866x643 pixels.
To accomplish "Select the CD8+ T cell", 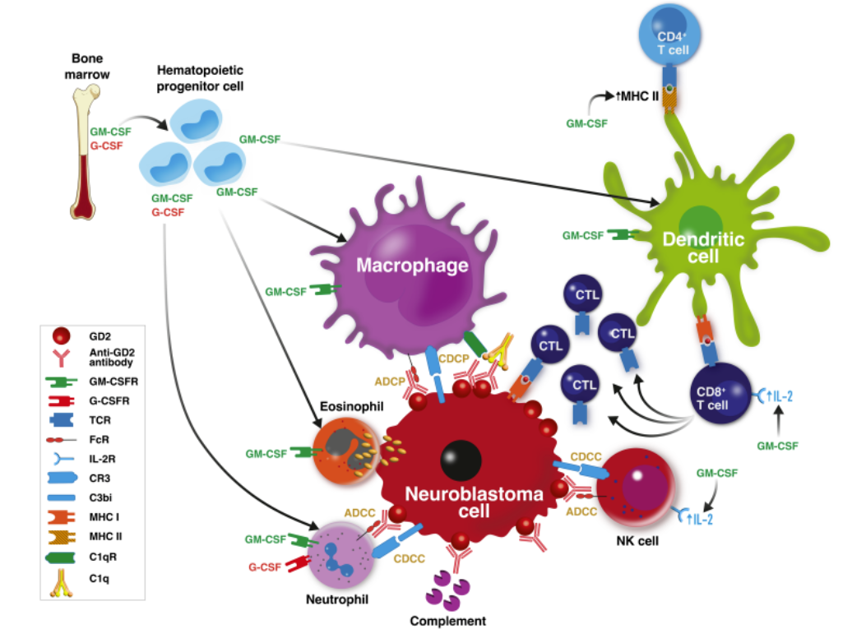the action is tap(720, 393).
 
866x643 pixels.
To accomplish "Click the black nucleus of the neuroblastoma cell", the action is tap(461, 460).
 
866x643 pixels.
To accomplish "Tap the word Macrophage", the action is tap(412, 265).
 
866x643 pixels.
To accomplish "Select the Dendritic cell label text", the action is tap(703, 247).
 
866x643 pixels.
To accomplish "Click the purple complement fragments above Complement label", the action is tap(447, 591).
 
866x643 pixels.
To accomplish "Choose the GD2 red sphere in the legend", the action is tap(62, 335).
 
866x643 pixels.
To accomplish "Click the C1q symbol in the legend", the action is tap(62, 583).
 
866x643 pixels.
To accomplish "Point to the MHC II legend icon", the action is tap(62, 536).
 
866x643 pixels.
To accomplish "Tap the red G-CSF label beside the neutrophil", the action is tap(265, 567).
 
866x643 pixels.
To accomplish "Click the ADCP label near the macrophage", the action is tap(389, 382).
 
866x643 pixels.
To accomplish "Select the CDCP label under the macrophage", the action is tap(453, 359).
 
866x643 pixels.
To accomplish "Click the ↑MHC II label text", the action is tap(637, 96).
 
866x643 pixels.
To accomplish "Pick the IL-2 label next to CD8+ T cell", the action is tap(780, 396).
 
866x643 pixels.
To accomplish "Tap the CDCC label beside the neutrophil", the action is tap(410, 559).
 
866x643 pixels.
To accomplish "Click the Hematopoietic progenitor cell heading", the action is tap(200, 78).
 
